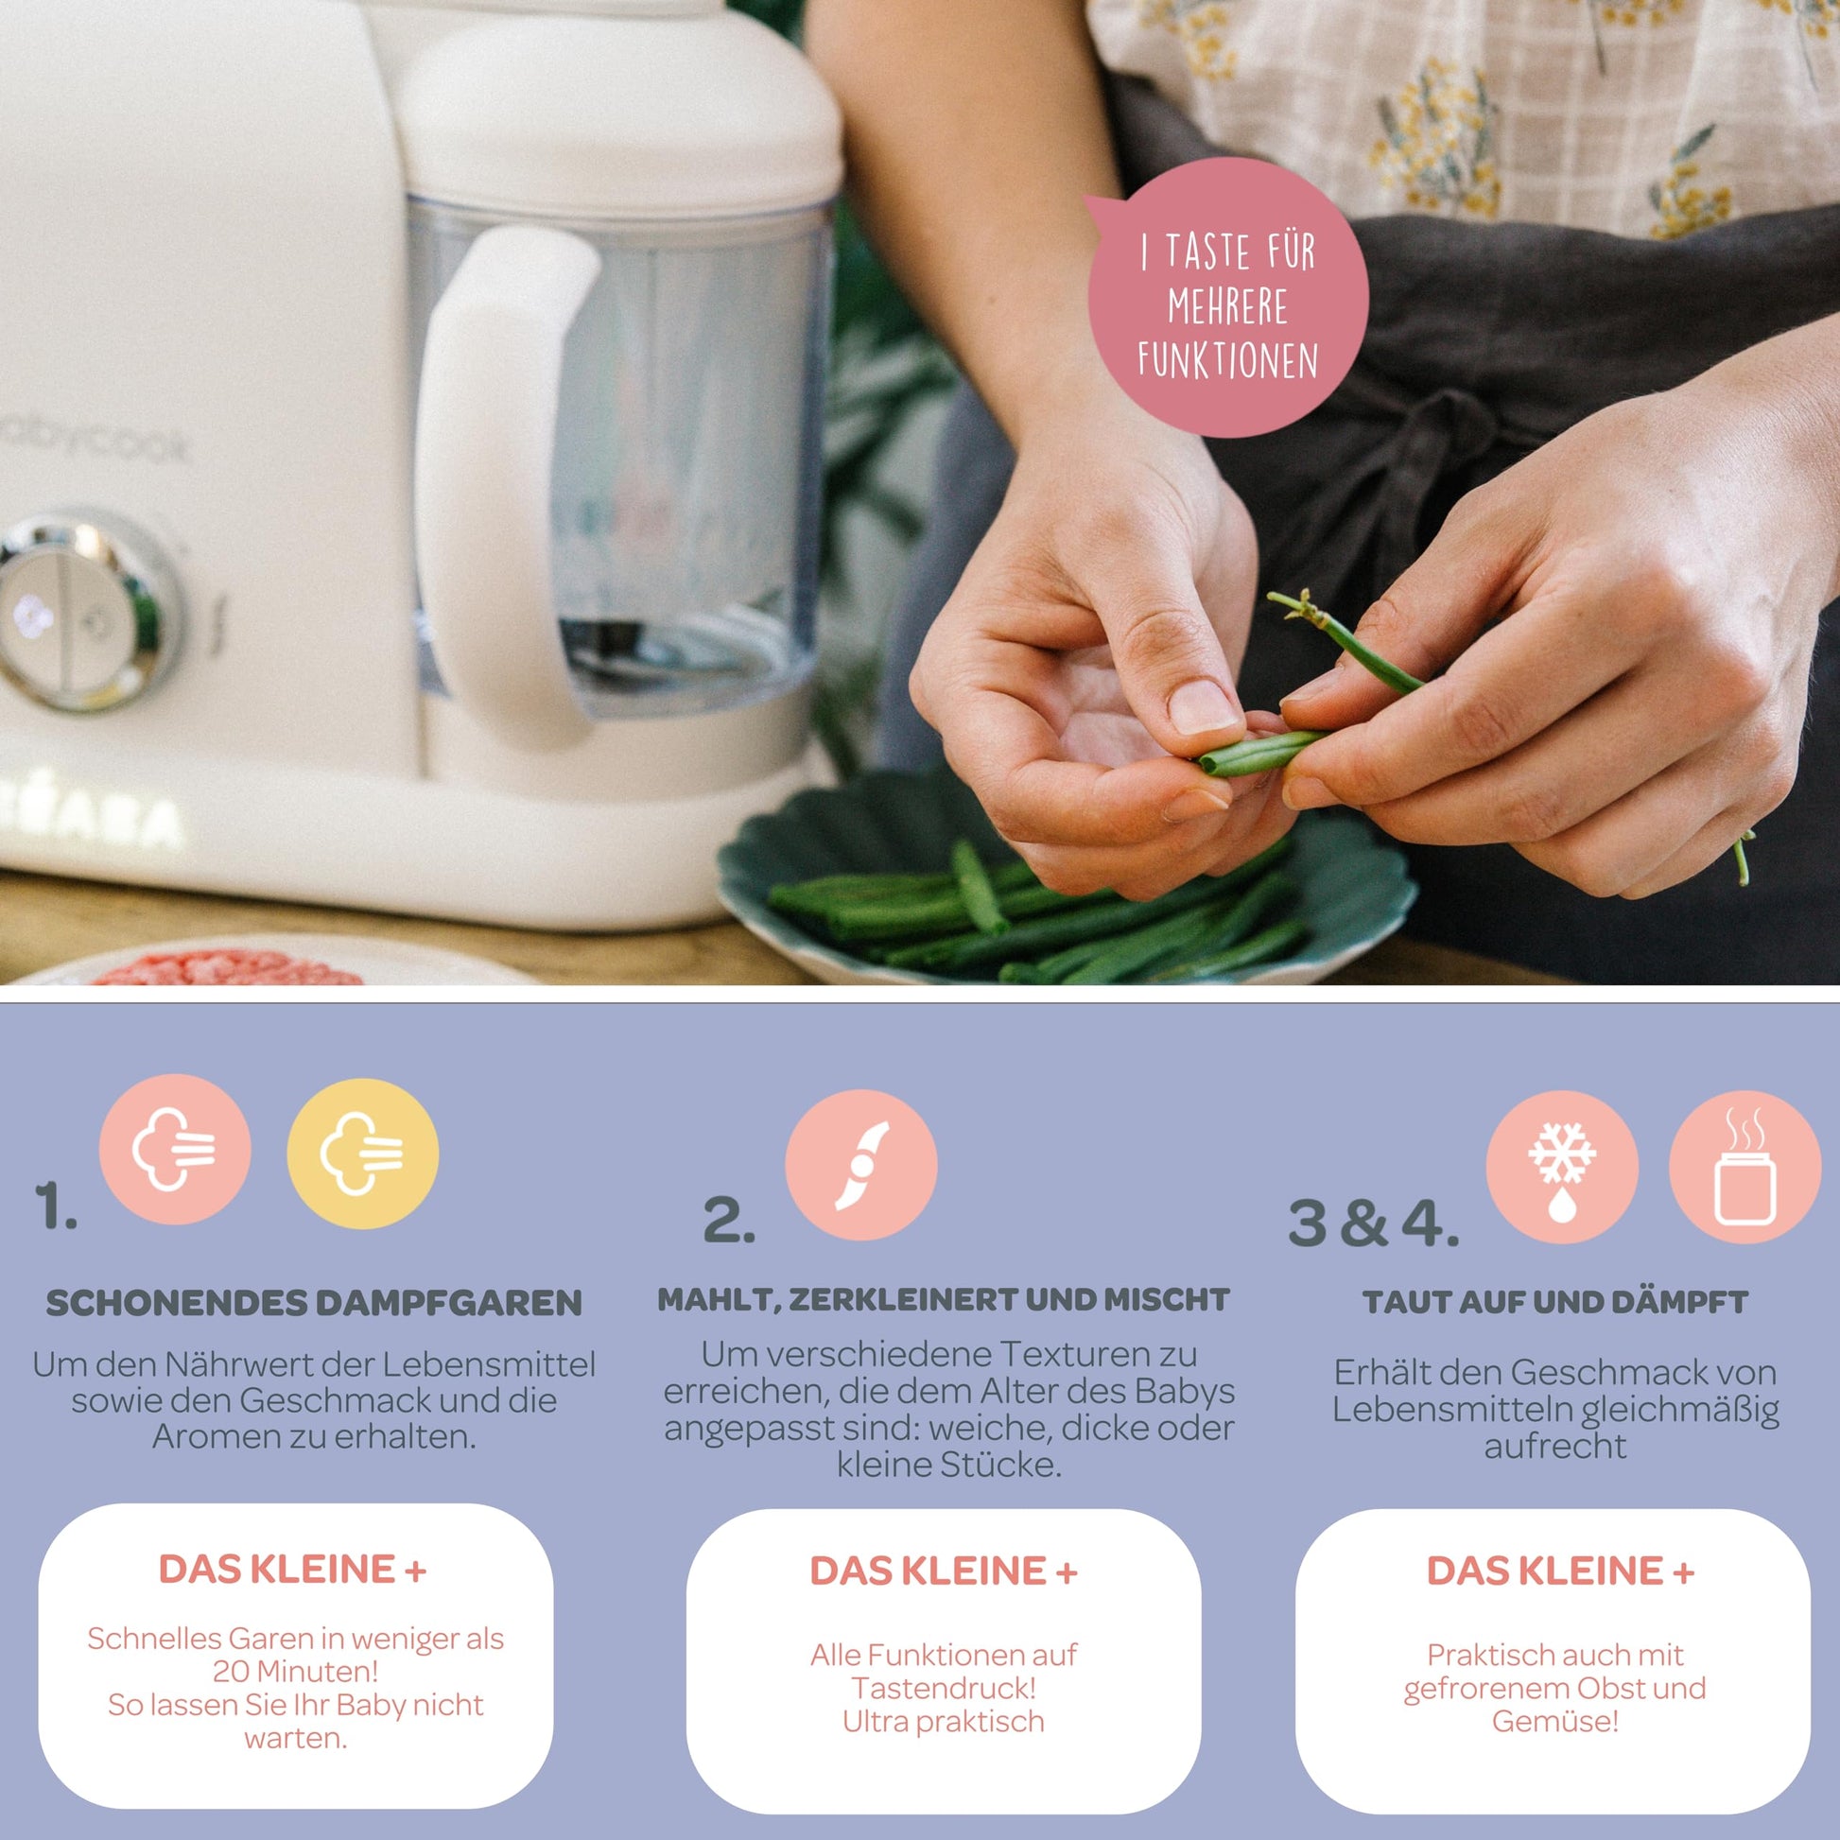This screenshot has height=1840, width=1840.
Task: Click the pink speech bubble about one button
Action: tap(1226, 297)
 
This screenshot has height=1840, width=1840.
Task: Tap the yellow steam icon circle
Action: tap(363, 1154)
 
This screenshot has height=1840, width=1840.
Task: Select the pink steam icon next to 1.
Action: tap(175, 1150)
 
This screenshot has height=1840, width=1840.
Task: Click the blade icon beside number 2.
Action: tap(861, 1165)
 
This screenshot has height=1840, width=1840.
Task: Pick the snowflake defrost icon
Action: tap(1562, 1167)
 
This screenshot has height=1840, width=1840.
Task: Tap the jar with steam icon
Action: tap(1745, 1167)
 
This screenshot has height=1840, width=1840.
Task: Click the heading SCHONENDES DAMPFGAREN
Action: tap(314, 1304)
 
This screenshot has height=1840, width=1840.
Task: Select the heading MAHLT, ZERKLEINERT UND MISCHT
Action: tap(944, 1301)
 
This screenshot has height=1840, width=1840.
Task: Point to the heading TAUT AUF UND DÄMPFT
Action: tap(1555, 1303)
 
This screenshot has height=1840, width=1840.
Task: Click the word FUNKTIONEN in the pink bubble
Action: tap(1227, 360)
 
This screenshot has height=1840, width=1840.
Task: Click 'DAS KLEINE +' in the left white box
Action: tap(293, 1569)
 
